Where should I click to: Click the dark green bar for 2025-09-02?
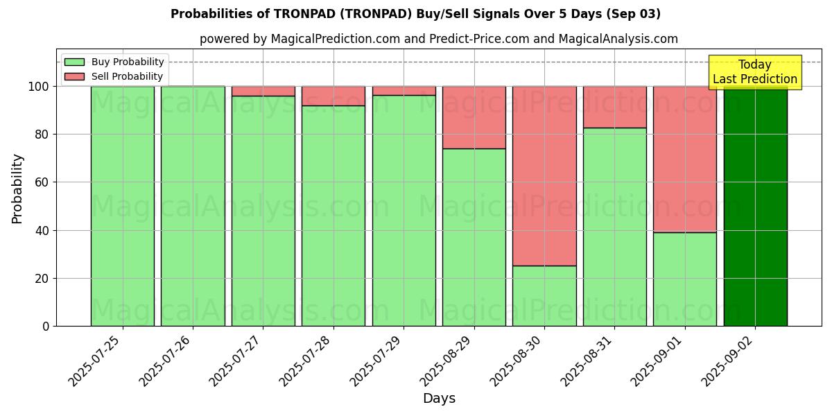[755, 208]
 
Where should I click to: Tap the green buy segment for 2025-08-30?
[544, 296]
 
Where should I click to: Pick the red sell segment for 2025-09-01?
[685, 159]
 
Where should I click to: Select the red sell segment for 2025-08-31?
[614, 107]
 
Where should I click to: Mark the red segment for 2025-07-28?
[333, 96]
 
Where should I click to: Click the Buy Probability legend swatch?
[74, 62]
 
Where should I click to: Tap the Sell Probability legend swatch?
[74, 77]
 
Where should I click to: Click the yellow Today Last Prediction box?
[754, 72]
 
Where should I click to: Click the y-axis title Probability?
[17, 189]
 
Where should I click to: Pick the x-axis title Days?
[439, 399]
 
